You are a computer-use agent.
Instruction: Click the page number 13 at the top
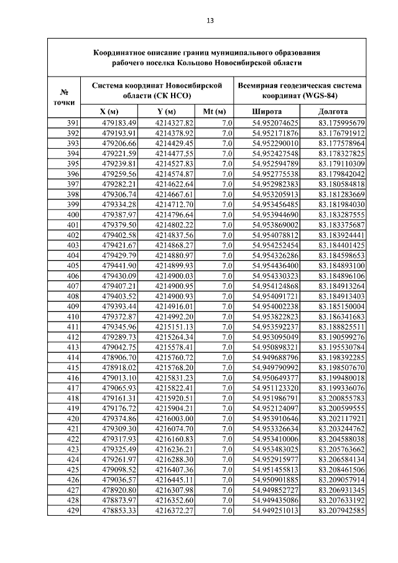(x=210, y=21)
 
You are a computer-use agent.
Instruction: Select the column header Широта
(x=266, y=112)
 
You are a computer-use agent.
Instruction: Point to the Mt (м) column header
(x=213, y=112)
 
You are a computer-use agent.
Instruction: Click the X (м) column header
(x=109, y=112)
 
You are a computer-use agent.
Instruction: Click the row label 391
(x=73, y=123)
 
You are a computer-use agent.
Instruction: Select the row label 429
(x=73, y=511)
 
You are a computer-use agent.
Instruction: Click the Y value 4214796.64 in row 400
(x=175, y=215)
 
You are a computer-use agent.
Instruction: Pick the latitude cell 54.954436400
(x=275, y=266)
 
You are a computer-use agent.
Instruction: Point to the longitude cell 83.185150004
(x=341, y=307)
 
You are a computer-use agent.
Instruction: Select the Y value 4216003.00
(x=175, y=419)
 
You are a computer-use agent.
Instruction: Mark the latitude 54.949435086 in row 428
(x=275, y=501)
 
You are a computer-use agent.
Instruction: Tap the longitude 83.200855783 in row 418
(x=341, y=399)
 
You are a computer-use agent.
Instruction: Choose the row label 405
(x=73, y=266)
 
